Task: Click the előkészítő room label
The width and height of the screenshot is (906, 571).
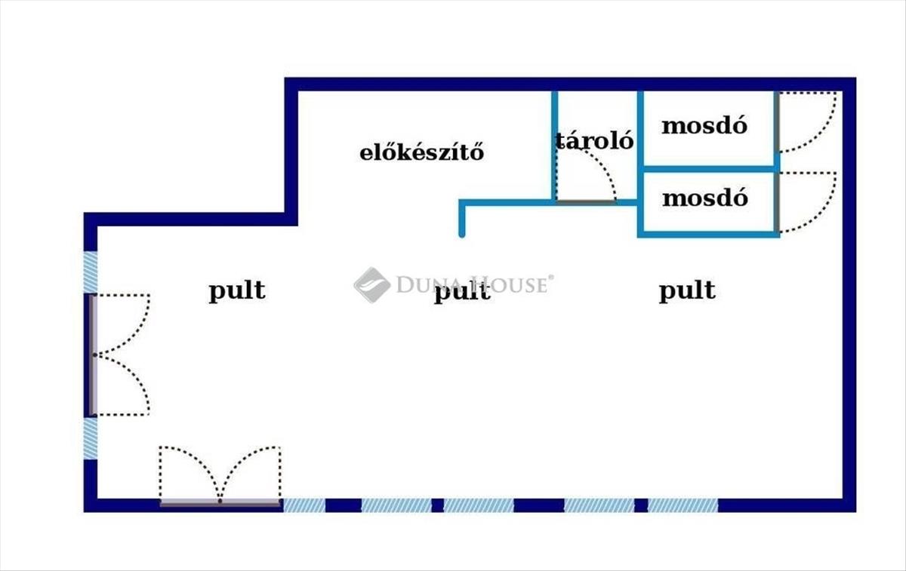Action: click(421, 153)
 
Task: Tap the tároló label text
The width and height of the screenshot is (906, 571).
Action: click(594, 140)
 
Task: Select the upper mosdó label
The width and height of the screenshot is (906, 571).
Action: click(704, 126)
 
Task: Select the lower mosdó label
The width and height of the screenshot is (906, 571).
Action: click(705, 198)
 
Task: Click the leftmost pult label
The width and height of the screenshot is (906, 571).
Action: click(237, 291)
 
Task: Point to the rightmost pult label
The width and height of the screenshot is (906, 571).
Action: click(687, 291)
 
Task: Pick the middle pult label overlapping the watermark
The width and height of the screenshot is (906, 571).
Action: click(462, 292)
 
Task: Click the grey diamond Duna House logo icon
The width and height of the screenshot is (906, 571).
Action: click(372, 285)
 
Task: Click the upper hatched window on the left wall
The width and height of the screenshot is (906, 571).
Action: click(90, 272)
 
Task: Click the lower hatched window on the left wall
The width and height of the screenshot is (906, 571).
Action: click(90, 438)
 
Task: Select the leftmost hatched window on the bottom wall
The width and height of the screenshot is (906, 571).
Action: click(304, 505)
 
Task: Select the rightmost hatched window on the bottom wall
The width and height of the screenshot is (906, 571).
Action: click(683, 505)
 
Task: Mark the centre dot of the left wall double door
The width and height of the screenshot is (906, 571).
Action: click(94, 355)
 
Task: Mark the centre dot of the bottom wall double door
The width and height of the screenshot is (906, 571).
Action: click(220, 501)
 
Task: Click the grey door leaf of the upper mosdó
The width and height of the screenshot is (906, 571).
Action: click(777, 122)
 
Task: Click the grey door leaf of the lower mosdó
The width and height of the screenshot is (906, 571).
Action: click(777, 202)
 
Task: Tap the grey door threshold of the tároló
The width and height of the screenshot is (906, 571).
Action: click(587, 201)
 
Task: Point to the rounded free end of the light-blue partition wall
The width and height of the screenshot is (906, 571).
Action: click(462, 235)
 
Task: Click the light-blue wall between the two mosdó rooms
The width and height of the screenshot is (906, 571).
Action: click(710, 169)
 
